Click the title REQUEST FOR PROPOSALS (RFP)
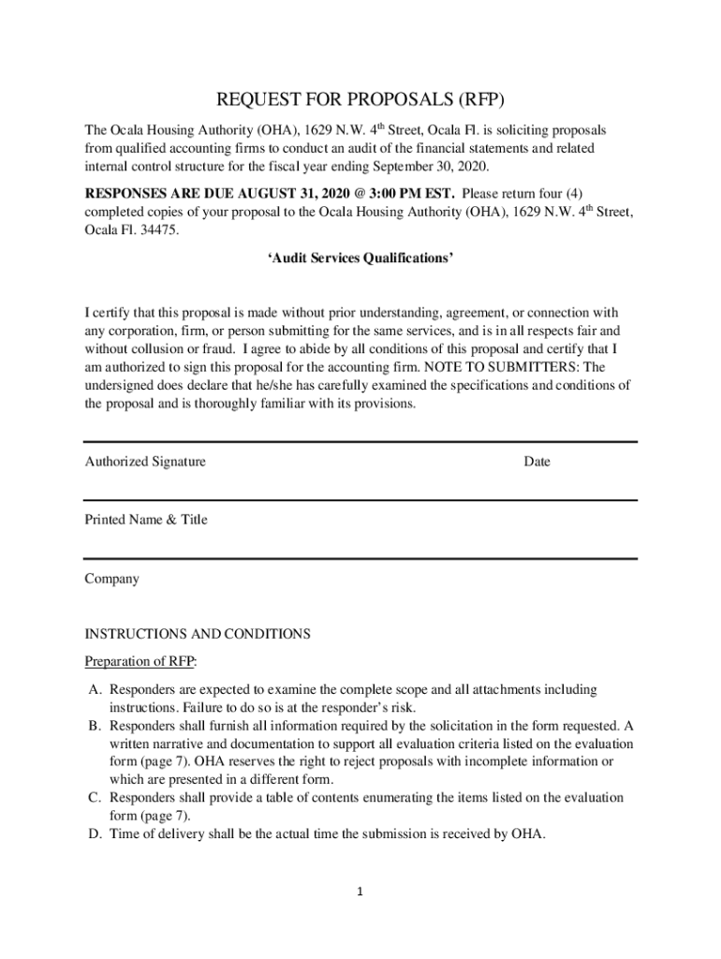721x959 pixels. pos(360,99)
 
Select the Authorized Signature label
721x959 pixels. pos(145,462)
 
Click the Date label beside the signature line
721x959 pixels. pos(537,462)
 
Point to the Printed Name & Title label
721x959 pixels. pos(146,520)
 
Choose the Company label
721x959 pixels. pos(111,579)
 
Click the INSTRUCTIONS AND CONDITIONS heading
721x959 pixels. pos(197,634)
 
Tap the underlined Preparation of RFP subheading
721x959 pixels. pos(140,661)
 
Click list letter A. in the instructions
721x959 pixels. pos(96,690)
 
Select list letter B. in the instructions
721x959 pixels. pos(96,726)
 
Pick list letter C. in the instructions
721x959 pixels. pos(96,797)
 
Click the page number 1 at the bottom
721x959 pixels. pos(360,892)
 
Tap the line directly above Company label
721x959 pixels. pos(360,559)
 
